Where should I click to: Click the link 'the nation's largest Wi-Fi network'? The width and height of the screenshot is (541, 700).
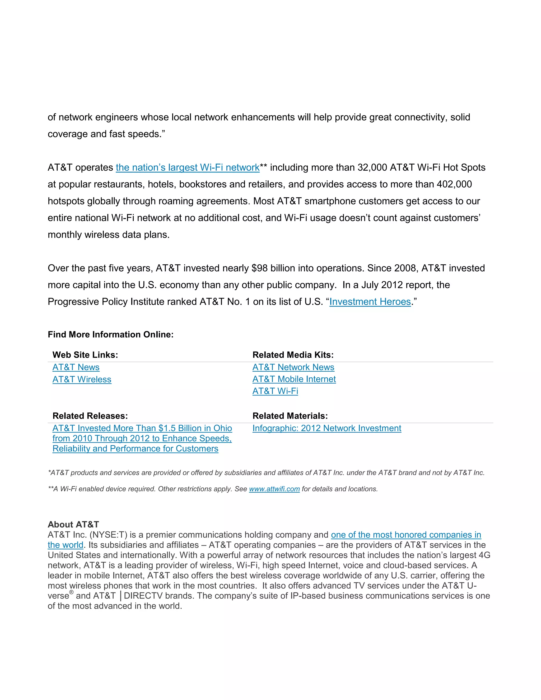[188, 168]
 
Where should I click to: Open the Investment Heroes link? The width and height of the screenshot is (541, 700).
[370, 302]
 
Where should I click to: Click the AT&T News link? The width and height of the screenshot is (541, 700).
[76, 367]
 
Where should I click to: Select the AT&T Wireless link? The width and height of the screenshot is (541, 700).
[82, 380]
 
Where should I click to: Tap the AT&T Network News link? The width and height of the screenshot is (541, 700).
[293, 367]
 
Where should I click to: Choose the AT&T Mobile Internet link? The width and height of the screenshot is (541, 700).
[294, 379]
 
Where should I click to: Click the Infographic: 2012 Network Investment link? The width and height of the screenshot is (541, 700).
[327, 428]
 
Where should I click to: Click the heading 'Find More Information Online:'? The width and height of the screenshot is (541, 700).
[111, 335]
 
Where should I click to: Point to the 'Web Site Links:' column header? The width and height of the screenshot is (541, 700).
[85, 355]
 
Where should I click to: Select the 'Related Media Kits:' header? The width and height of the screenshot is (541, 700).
[293, 355]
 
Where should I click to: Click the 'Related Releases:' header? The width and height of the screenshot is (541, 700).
[90, 416]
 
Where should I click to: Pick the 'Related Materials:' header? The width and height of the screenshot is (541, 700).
[290, 416]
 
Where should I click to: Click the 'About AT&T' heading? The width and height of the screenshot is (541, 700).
[73, 525]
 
